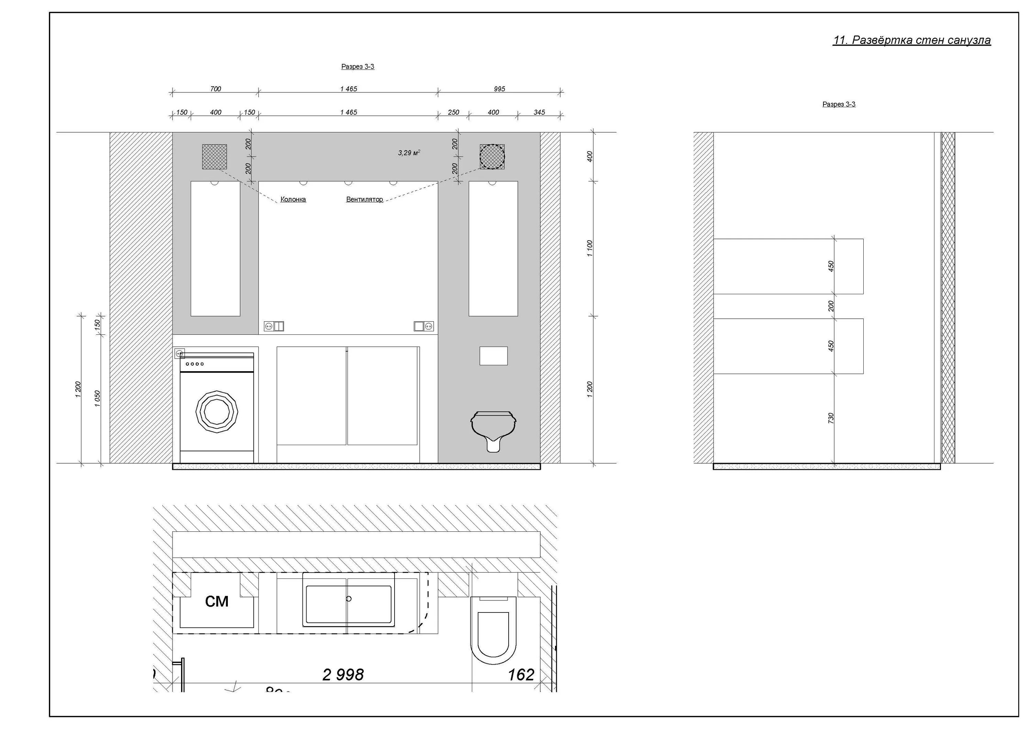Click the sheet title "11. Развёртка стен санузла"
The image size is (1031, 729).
point(911,41)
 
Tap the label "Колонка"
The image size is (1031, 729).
point(293,199)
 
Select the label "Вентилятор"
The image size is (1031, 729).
point(364,199)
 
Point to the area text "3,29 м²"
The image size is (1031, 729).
point(409,153)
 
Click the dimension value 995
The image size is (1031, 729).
point(499,89)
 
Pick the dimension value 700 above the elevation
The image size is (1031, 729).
point(215,89)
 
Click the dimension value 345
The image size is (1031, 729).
point(539,112)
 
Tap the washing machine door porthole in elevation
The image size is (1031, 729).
point(217,411)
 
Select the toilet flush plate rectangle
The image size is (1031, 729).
point(494,356)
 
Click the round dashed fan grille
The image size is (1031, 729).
point(492,157)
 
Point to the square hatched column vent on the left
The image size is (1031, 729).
point(214,156)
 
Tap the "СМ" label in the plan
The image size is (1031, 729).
point(217,601)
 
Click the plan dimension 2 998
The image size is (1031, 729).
point(343,675)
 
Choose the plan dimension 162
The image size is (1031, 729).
point(521,675)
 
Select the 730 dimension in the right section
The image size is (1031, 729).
point(831,418)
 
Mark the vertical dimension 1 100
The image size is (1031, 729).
point(590,248)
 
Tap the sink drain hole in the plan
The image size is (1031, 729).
point(349,599)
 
